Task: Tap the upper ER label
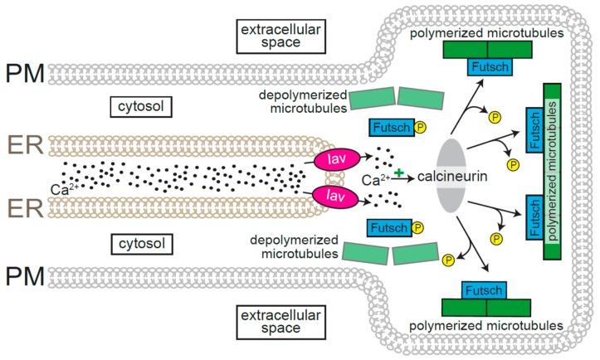pyautogui.click(x=23, y=142)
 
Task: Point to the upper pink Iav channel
pyautogui.click(x=331, y=156)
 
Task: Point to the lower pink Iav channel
pyautogui.click(x=331, y=197)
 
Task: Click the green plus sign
pyautogui.click(x=399, y=171)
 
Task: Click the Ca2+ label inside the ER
pyautogui.click(x=60, y=189)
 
